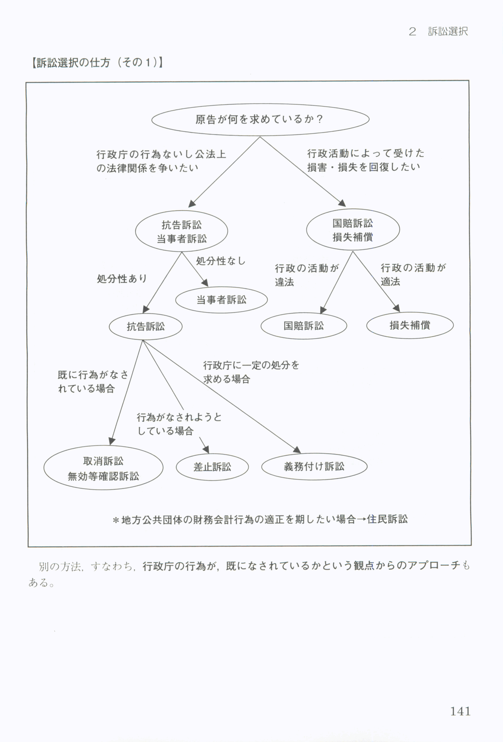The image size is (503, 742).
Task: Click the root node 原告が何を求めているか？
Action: [x=260, y=119]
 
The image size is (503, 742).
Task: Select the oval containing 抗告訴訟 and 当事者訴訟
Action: [x=181, y=231]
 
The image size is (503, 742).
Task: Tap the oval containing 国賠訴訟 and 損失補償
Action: [x=353, y=230]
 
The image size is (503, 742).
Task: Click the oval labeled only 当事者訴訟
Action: [x=221, y=300]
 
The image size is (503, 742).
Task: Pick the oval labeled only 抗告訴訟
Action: [x=146, y=327]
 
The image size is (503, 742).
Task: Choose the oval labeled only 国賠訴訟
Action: [x=304, y=326]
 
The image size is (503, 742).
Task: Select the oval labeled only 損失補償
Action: [x=410, y=325]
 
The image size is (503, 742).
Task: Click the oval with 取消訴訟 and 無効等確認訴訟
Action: [x=103, y=468]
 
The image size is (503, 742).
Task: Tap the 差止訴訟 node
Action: [x=212, y=467]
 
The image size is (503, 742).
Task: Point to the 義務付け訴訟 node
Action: [x=314, y=467]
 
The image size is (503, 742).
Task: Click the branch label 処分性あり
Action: [x=122, y=279]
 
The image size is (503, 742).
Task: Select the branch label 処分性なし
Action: [x=221, y=261]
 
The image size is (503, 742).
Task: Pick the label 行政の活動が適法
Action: [x=413, y=274]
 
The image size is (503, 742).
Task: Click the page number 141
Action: [x=460, y=711]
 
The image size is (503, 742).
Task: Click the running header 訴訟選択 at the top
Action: [x=448, y=32]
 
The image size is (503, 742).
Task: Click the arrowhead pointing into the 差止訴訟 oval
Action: [x=206, y=449]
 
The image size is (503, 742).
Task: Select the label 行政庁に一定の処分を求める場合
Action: [x=251, y=372]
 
